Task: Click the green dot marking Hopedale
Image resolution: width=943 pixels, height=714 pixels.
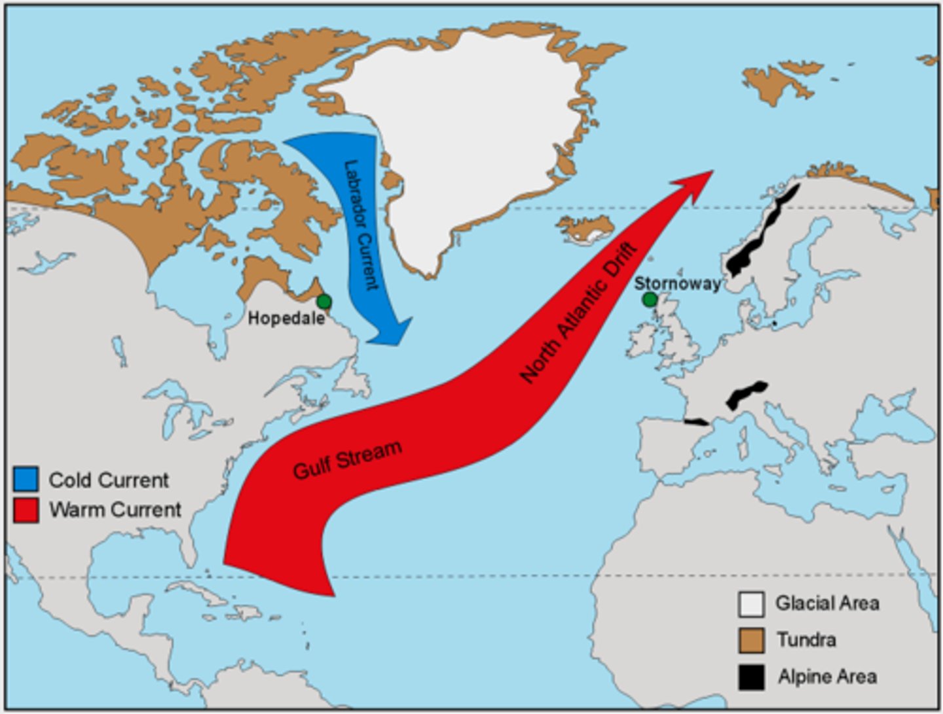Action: tap(324, 302)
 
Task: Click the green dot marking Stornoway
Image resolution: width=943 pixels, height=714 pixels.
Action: tap(649, 300)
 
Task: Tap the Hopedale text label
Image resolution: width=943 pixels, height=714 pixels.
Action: tap(286, 319)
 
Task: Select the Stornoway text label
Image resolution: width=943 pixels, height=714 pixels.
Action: tap(677, 284)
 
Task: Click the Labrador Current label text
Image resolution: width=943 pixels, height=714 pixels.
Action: tap(361, 224)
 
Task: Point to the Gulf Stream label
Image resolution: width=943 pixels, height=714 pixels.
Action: tap(346, 460)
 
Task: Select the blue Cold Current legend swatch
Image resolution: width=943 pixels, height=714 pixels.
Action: tap(26, 479)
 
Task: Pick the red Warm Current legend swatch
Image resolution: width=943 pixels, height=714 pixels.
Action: tap(26, 510)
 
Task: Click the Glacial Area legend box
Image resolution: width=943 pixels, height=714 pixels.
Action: tap(751, 604)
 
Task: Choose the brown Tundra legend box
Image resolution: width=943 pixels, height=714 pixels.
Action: tap(751, 640)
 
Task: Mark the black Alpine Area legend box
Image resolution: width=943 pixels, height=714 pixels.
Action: tap(751, 677)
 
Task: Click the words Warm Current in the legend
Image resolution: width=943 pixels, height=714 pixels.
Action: tap(115, 510)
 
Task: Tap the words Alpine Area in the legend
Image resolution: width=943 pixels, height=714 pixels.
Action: tap(827, 677)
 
